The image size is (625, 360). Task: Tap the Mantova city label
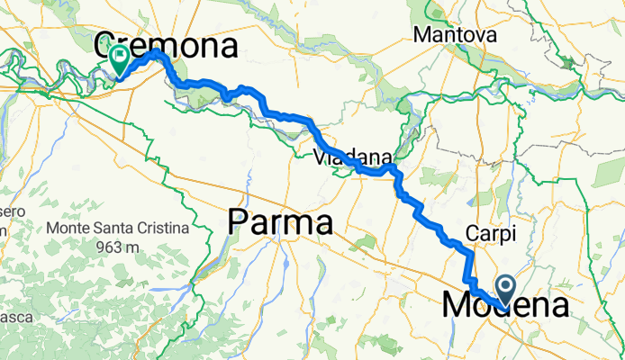(456, 36)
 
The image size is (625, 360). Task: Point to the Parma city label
(281, 222)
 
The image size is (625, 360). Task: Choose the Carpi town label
(490, 234)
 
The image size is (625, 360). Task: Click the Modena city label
(505, 306)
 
